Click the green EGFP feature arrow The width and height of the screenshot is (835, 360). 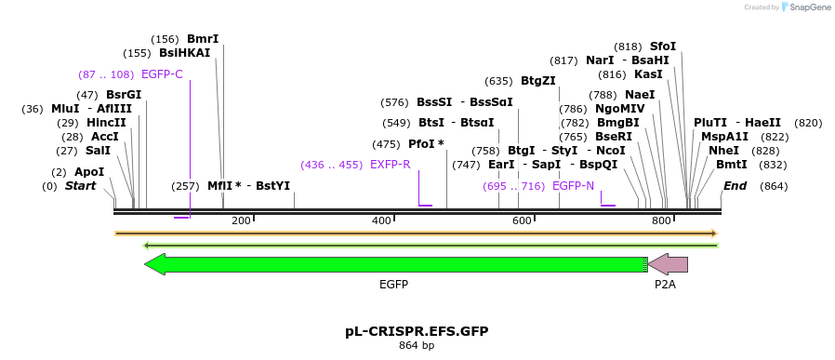pyautogui.click(x=395, y=264)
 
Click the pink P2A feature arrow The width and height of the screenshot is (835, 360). pyautogui.click(x=669, y=264)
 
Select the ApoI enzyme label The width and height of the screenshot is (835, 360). pyautogui.click(x=89, y=172)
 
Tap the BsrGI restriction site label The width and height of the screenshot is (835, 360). pyautogui.click(x=124, y=95)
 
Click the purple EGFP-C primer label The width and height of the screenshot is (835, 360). pyautogui.click(x=162, y=74)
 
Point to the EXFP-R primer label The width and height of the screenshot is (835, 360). pyautogui.click(x=390, y=165)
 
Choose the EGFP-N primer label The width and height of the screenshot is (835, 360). pyautogui.click(x=573, y=186)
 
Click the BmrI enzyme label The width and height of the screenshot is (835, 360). pyautogui.click(x=203, y=39)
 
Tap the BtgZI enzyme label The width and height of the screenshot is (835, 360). pyautogui.click(x=537, y=81)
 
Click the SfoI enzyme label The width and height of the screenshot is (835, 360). pyautogui.click(x=663, y=47)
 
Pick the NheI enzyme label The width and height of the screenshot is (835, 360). pyautogui.click(x=723, y=151)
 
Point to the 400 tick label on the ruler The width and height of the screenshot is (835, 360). pyautogui.click(x=381, y=220)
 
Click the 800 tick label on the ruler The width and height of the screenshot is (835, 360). pyautogui.click(x=661, y=220)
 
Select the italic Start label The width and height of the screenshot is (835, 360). pyautogui.click(x=80, y=186)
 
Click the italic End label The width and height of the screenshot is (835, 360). pyautogui.click(x=735, y=186)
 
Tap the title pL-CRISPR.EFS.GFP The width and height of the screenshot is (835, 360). pyautogui.click(x=417, y=331)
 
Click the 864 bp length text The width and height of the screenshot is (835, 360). pyautogui.click(x=417, y=346)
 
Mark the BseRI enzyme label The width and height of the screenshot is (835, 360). pyautogui.click(x=614, y=137)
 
